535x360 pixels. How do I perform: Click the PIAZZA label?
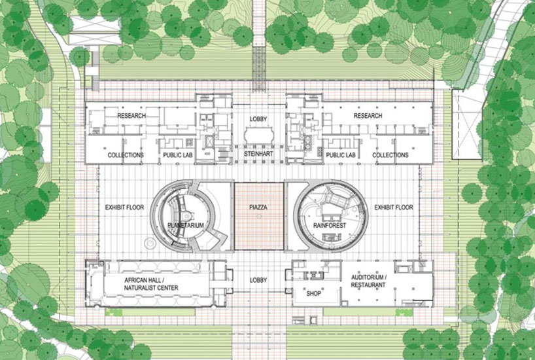(x=259, y=207)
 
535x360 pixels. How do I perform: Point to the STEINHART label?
(x=258, y=154)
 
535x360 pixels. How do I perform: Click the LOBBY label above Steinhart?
(x=258, y=119)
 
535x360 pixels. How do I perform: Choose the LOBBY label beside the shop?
(x=258, y=280)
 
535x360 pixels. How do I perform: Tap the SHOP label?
(x=314, y=293)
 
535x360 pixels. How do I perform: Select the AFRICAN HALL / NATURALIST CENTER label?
(x=151, y=283)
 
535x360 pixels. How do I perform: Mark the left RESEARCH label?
(x=131, y=116)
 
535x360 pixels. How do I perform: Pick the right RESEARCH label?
(x=368, y=116)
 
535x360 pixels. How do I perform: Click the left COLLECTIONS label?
(x=126, y=155)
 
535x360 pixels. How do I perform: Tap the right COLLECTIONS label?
(x=390, y=155)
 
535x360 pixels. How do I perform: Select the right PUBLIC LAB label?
(x=340, y=155)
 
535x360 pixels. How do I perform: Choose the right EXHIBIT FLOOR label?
(x=394, y=207)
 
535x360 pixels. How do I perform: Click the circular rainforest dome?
(x=327, y=213)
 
